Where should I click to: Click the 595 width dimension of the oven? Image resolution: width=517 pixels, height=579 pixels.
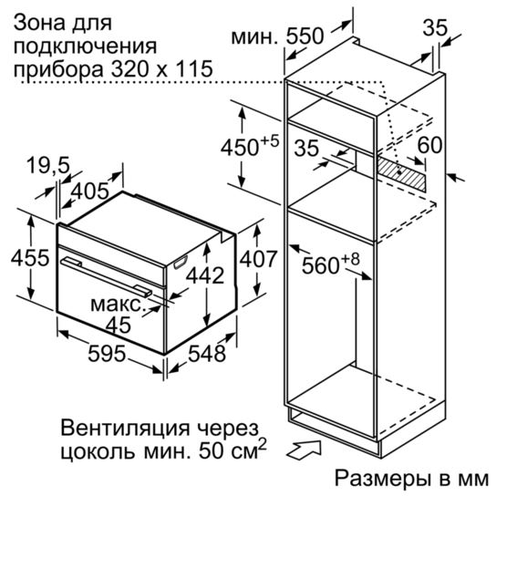[107, 354]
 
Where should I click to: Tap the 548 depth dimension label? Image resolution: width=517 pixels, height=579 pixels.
[207, 354]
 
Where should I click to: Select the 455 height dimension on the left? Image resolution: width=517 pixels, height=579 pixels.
[30, 257]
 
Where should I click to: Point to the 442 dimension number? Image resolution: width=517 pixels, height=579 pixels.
[205, 275]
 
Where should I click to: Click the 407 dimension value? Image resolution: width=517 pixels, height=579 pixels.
[258, 259]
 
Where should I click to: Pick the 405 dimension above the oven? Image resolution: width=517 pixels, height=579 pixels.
[89, 191]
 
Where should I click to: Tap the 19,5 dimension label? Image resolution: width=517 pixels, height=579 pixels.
[48, 165]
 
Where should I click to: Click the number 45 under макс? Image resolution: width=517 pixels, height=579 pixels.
[119, 326]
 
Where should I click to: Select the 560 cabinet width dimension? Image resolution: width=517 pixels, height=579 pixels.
[321, 265]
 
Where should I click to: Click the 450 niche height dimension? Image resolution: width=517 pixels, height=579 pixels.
[240, 148]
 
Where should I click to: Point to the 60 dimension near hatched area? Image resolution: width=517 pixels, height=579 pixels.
[429, 145]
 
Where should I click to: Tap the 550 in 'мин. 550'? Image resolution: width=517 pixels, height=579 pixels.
[305, 36]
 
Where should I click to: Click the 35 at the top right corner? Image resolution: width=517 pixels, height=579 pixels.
[435, 27]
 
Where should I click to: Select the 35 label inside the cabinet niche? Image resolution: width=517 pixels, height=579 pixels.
[306, 148]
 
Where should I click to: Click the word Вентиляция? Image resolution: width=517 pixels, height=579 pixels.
[125, 429]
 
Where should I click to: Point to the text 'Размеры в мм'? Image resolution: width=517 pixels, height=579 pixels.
[411, 479]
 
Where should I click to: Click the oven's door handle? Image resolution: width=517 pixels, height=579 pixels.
[107, 276]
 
